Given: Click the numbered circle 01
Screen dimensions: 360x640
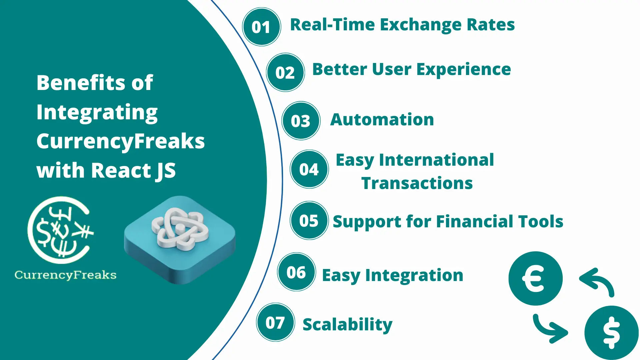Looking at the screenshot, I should [261, 27].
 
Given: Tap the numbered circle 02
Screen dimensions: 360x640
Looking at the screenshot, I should [285, 72].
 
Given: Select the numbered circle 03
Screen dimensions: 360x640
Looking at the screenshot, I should [301, 121].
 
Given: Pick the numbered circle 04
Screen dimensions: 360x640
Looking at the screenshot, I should [309, 169].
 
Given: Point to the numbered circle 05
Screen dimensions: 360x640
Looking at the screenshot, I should [309, 221].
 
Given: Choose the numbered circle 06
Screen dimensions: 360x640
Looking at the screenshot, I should [296, 272].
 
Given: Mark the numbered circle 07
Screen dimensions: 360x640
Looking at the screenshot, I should [275, 322].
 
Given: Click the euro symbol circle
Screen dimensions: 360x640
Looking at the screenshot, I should [535, 278].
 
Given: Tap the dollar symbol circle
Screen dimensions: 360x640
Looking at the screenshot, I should [612, 333].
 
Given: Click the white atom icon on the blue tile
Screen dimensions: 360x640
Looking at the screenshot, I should [180, 229].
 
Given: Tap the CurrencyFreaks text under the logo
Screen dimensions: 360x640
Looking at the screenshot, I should [65, 275].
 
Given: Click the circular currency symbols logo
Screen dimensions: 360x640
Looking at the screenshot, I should [60, 230].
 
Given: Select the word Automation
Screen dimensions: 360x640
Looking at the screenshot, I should [382, 119].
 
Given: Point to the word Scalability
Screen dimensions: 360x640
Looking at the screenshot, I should [347, 324].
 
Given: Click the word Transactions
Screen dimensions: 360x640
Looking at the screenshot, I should [417, 183].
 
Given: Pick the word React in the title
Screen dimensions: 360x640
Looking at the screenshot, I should [121, 170].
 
